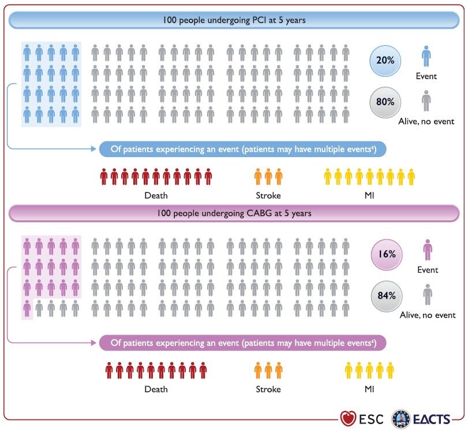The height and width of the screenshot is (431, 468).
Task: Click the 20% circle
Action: click(x=385, y=61)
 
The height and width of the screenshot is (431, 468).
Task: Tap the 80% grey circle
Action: click(x=385, y=102)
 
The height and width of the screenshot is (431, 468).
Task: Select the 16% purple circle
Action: click(x=387, y=255)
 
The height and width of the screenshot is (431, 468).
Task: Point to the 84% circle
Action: click(x=387, y=296)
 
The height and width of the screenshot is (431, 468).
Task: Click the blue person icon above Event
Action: click(x=426, y=56)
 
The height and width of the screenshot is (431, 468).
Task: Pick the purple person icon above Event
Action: click(x=428, y=250)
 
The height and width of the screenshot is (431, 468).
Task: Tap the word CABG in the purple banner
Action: click(x=259, y=213)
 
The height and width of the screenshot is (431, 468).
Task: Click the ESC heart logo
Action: click(x=349, y=418)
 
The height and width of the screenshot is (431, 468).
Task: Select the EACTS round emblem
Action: click(x=401, y=419)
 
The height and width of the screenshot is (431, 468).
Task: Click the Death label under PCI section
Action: click(x=156, y=195)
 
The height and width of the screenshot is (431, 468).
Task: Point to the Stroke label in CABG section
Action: click(x=268, y=389)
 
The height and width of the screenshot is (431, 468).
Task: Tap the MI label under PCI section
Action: click(x=369, y=195)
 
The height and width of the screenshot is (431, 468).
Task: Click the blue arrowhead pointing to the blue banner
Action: click(x=93, y=148)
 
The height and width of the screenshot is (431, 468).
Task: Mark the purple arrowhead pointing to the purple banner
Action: click(x=93, y=343)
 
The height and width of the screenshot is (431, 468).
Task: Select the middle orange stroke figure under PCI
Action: click(x=268, y=177)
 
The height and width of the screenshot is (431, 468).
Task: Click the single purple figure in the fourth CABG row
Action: click(x=27, y=308)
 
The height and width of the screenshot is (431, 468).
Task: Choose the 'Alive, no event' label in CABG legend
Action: click(x=428, y=315)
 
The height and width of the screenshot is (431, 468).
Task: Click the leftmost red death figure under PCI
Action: click(x=104, y=177)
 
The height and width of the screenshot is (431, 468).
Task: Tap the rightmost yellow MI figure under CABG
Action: click(x=390, y=370)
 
